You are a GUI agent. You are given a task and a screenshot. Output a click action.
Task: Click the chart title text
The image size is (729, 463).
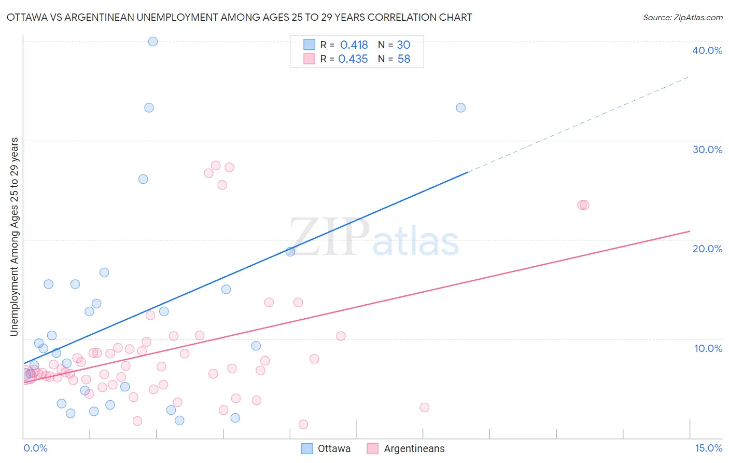(239, 18)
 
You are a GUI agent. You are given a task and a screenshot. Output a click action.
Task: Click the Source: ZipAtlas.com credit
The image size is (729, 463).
(682, 18)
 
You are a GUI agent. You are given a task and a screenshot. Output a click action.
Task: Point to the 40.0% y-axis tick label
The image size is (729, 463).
(707, 50)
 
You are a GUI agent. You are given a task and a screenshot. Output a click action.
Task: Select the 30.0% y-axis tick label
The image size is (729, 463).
(707, 149)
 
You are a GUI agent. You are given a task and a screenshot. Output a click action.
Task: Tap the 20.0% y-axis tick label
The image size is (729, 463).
(707, 249)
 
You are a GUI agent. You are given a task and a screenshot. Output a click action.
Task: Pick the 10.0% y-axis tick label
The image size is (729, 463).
(708, 348)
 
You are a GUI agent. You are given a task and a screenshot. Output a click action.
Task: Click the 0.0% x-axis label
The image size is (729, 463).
(35, 448)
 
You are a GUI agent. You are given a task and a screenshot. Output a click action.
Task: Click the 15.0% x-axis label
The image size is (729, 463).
(708, 448)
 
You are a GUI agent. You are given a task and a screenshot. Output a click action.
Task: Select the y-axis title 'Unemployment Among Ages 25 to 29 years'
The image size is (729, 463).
(15, 237)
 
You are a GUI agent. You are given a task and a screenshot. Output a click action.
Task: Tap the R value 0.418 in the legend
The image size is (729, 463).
(354, 45)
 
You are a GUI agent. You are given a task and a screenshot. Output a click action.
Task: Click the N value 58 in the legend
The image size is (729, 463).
(404, 59)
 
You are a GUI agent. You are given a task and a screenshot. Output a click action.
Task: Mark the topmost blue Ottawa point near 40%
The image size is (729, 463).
(153, 42)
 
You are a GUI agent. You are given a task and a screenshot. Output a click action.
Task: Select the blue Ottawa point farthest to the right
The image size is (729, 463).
(460, 108)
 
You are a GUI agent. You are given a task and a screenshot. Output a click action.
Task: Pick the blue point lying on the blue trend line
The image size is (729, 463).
(290, 252)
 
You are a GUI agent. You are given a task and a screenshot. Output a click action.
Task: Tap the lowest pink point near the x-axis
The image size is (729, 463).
(303, 425)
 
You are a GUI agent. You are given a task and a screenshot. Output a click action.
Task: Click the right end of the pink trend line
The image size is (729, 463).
(689, 231)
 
